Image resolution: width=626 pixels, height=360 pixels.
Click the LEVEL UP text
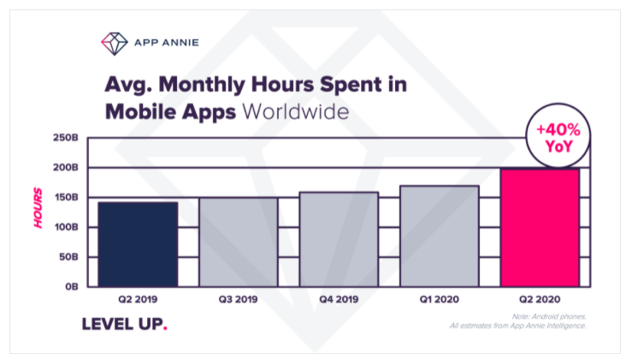[124, 324]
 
